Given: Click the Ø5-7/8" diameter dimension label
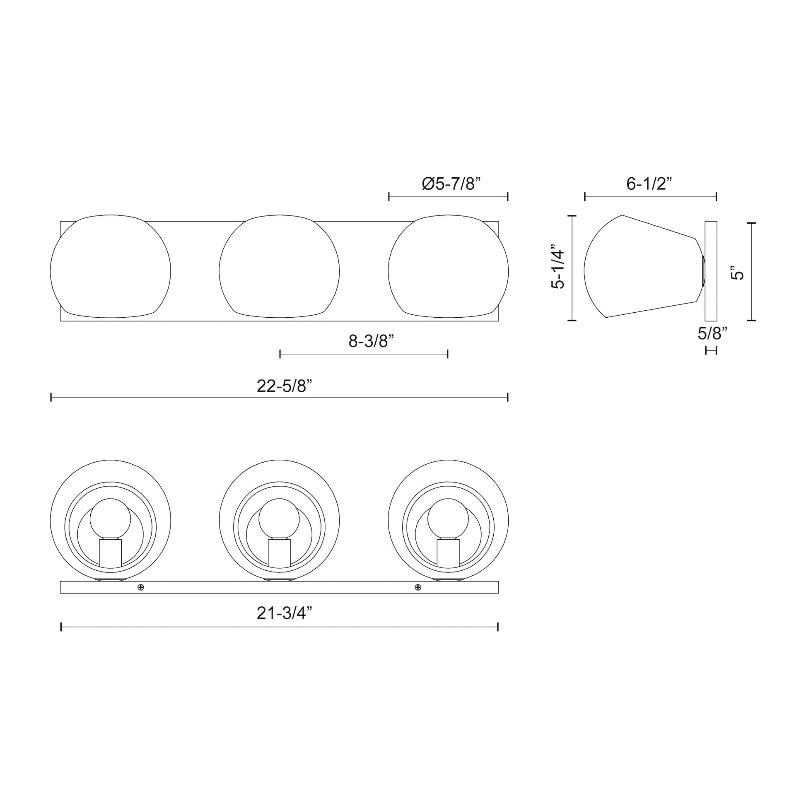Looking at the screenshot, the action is tap(451, 183).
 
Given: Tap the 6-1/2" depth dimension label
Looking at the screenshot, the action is tap(649, 183).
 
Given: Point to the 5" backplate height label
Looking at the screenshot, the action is tap(738, 274).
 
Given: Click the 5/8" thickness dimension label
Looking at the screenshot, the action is tap(712, 333).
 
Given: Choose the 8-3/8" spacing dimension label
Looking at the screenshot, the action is tap(371, 341).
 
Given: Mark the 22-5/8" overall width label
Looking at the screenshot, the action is tap(285, 386).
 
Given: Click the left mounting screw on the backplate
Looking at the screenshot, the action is tap(141, 587).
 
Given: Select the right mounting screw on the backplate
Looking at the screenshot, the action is tap(418, 587).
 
